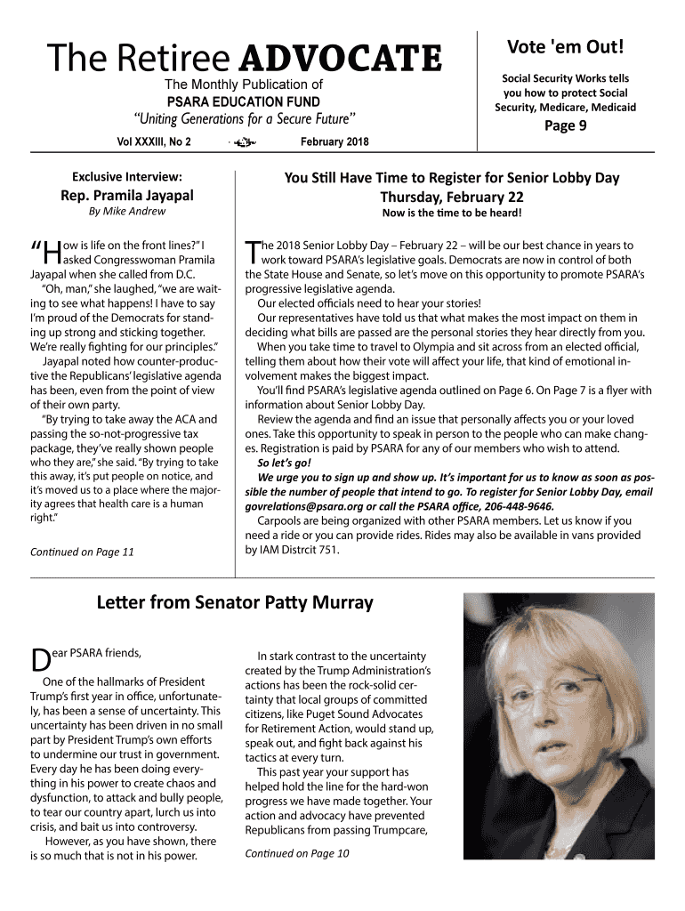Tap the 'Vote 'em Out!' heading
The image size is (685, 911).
565,46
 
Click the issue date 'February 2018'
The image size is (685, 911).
334,141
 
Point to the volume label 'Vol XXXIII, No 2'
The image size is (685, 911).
154,141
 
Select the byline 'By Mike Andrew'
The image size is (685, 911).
126,212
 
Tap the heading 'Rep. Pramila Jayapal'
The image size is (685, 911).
126,195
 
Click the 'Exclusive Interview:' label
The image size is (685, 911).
126,177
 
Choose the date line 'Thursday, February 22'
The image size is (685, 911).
451,197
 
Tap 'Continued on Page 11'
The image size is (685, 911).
82,552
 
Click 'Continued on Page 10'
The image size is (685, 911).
296,853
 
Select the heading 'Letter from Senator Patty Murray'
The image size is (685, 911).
234,603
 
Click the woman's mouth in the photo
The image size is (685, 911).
552,747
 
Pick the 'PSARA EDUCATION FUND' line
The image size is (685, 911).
243,101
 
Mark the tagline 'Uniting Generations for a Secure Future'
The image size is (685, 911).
244,119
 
